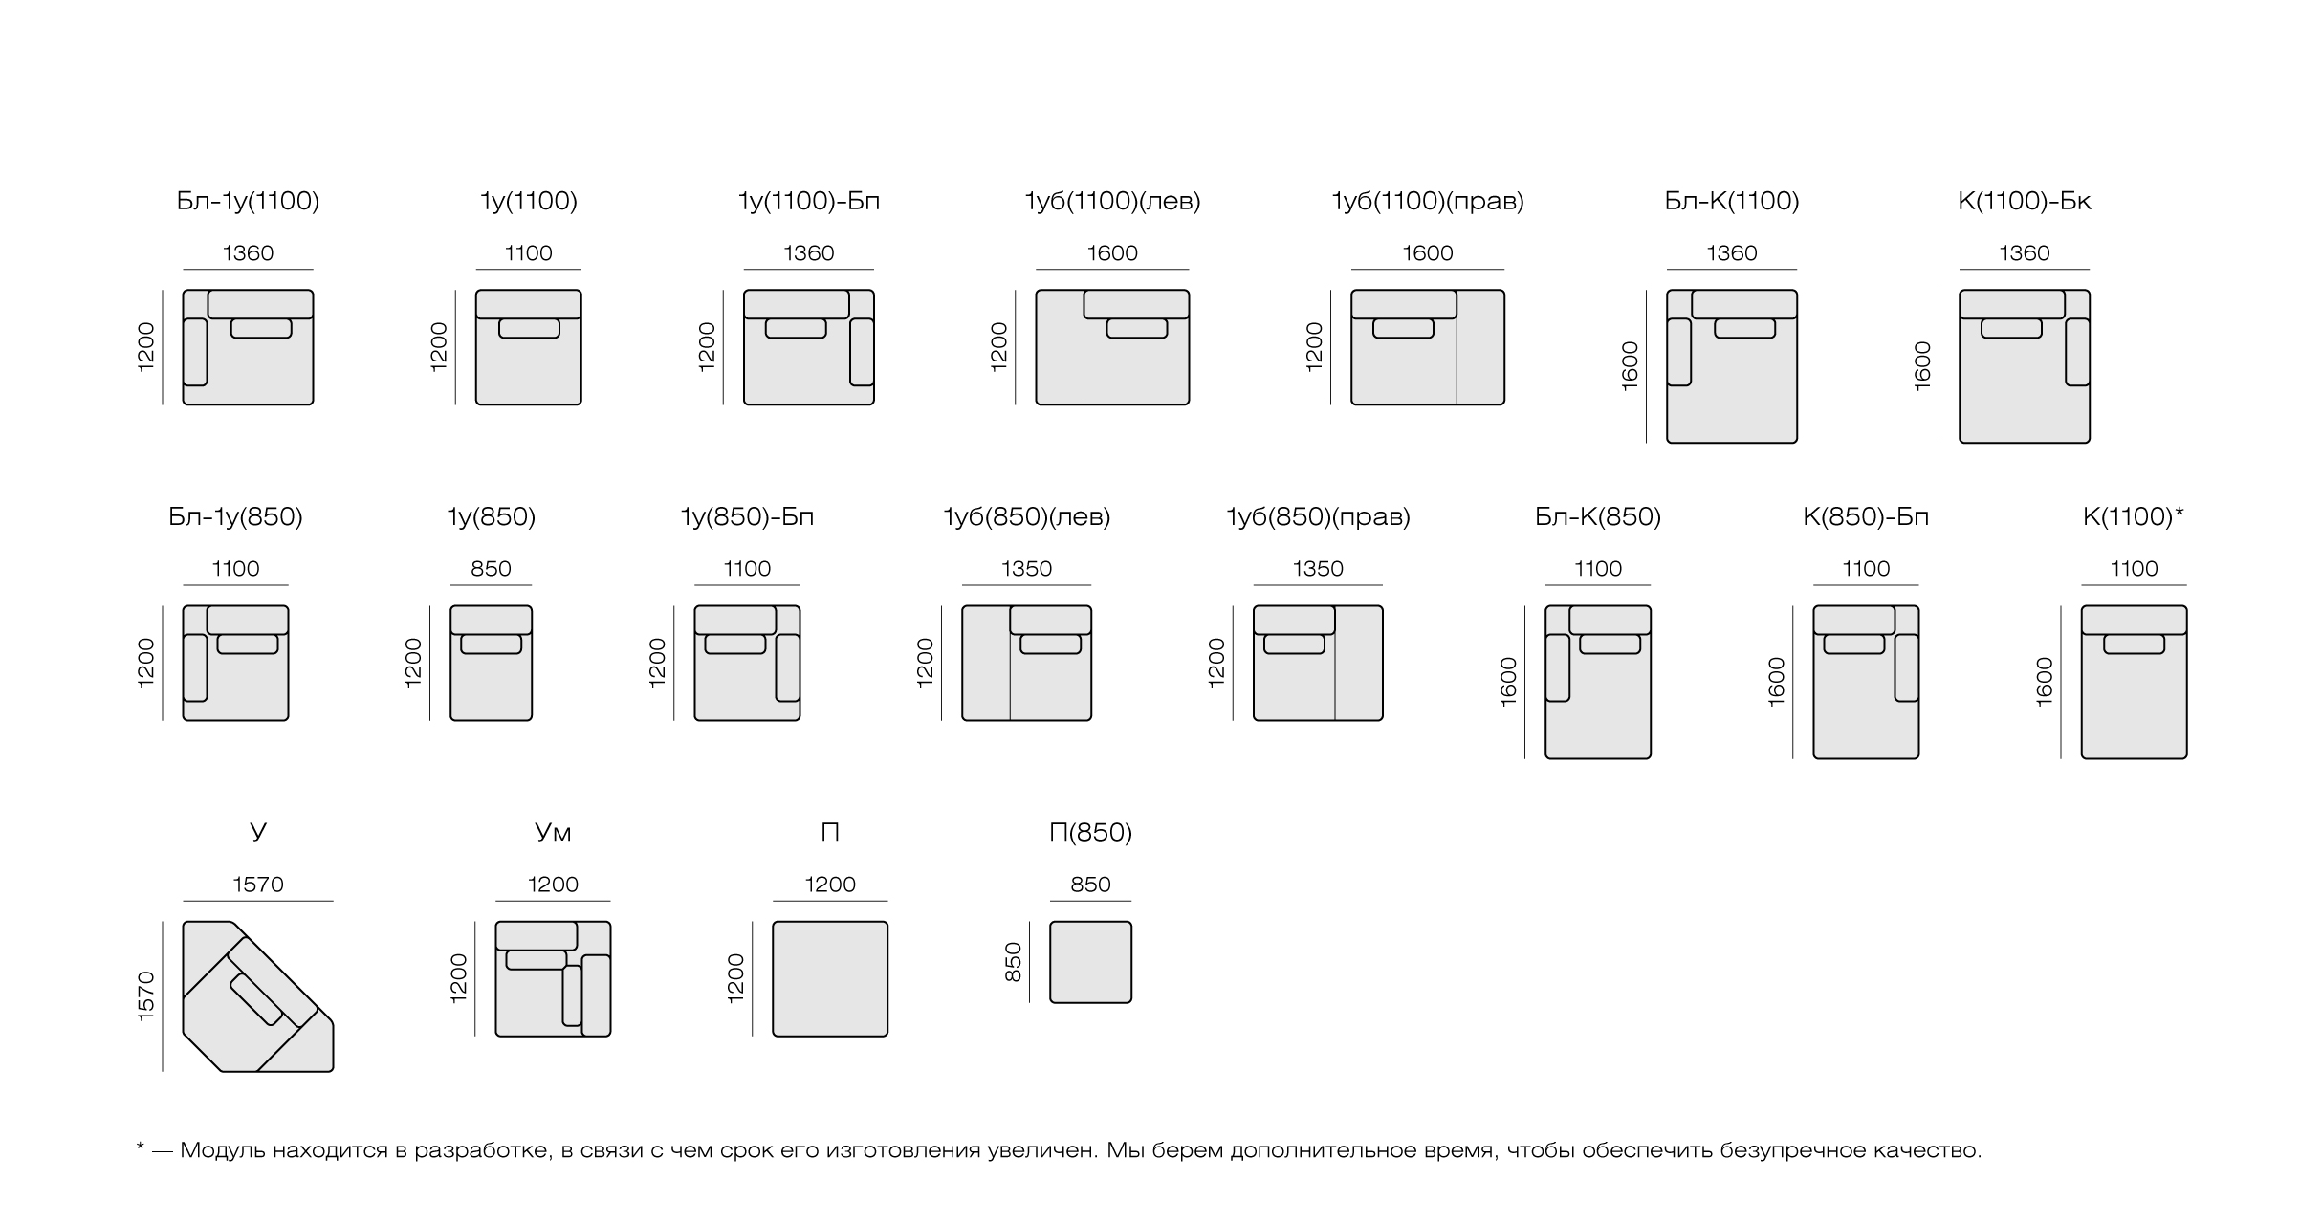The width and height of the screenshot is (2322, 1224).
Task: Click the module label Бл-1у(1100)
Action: click(x=248, y=201)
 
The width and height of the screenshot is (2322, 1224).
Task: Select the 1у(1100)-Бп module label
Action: click(x=809, y=201)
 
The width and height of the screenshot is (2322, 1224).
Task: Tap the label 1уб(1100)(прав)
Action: click(x=1428, y=201)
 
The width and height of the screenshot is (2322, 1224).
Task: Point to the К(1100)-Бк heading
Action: click(x=2025, y=201)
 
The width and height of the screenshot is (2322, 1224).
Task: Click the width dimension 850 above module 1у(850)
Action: click(x=491, y=569)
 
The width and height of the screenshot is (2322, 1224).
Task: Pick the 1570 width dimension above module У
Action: click(x=258, y=885)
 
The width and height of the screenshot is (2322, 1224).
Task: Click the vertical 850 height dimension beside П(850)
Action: click(x=1014, y=962)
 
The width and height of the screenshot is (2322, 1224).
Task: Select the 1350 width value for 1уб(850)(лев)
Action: click(x=1026, y=569)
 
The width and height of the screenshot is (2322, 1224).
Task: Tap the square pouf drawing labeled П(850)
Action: click(x=1090, y=962)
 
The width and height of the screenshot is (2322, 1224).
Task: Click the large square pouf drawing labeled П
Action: click(x=830, y=978)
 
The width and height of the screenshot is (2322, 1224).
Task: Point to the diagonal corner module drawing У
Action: click(x=258, y=996)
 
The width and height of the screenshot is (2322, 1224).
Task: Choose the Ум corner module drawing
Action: click(x=553, y=978)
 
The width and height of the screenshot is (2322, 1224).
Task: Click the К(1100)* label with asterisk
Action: click(x=2134, y=516)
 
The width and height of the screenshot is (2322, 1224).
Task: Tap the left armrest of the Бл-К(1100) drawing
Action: click(x=1679, y=352)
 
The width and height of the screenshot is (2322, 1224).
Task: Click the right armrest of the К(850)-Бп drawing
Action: click(x=1907, y=667)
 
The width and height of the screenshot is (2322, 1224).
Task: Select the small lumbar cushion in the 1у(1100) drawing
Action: click(x=529, y=328)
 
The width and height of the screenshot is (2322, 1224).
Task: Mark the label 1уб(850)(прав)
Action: click(x=1318, y=516)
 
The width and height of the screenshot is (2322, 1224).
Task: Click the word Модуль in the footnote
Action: click(x=222, y=1149)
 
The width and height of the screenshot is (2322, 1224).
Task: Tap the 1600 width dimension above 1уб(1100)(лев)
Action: click(x=1112, y=253)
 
